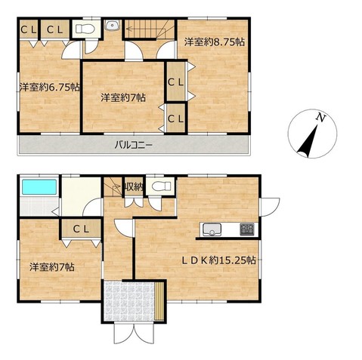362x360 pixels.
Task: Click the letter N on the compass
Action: pyautogui.click(x=321, y=118)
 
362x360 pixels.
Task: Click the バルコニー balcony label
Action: pyautogui.click(x=133, y=145)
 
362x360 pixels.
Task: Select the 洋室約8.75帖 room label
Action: pyautogui.click(x=214, y=42)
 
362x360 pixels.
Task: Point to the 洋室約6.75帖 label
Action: pyautogui.click(x=50, y=87)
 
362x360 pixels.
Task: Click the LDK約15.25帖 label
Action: pyautogui.click(x=219, y=260)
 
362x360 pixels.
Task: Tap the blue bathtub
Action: pyautogui.click(x=39, y=187)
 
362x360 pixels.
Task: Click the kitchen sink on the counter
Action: pyautogui.click(x=212, y=229)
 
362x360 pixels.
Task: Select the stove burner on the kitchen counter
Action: pyautogui.click(x=247, y=229)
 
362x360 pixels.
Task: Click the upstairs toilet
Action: pyautogui.click(x=85, y=29)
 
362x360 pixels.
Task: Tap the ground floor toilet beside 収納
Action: pyautogui.click(x=161, y=186)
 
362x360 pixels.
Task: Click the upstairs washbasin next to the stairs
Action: pyautogui.click(x=113, y=25)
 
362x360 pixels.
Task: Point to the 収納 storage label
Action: pyautogui.click(x=134, y=187)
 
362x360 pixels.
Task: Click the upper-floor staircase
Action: pyautogui.click(x=150, y=29)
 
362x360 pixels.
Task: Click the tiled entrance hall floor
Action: pyautogui.click(x=129, y=300)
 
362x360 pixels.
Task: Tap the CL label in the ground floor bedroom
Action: pyautogui.click(x=82, y=229)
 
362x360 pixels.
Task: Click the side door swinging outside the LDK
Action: pyautogui.click(x=270, y=208)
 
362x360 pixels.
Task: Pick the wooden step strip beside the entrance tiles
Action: pyautogui.click(x=159, y=301)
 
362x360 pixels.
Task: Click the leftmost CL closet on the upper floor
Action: pyautogui.click(x=29, y=30)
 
